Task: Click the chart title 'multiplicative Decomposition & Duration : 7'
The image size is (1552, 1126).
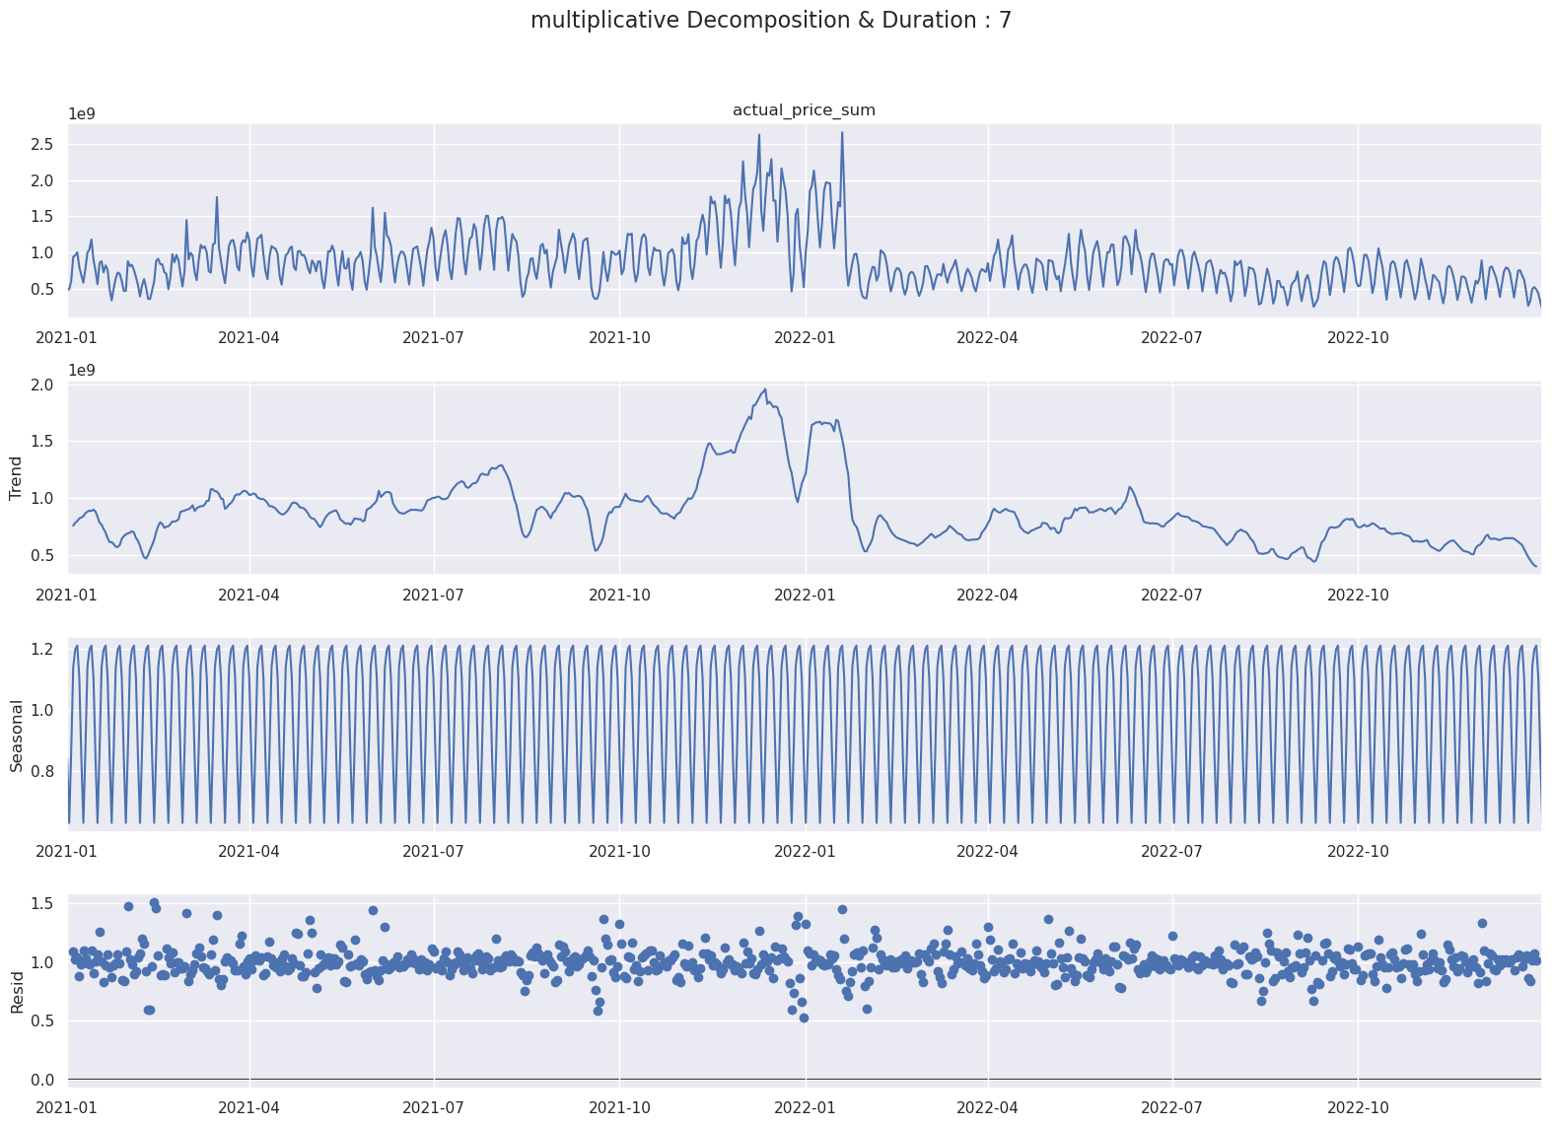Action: click(770, 21)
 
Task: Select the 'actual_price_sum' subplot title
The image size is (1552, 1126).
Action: click(804, 110)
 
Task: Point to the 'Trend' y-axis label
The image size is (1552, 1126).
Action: click(16, 478)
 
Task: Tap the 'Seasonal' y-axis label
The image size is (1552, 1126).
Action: click(16, 736)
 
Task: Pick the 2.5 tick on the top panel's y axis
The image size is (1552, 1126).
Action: click(42, 144)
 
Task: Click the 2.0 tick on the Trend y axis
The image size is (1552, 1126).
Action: click(42, 385)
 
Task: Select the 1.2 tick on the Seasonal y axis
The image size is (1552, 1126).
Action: click(42, 649)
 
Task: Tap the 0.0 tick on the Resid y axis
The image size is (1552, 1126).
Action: click(42, 1080)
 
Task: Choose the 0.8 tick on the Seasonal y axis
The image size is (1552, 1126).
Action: click(42, 770)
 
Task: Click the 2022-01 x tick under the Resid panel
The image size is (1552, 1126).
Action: click(805, 1107)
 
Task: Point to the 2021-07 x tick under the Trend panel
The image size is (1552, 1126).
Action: click(434, 595)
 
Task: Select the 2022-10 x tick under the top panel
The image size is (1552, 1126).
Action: click(1358, 337)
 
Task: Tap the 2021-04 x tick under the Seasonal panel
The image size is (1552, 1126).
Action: click(248, 851)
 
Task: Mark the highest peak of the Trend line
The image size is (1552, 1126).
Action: click(764, 389)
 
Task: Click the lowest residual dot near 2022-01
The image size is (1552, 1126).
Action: click(804, 1018)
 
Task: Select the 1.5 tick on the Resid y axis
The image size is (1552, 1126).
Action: click(42, 903)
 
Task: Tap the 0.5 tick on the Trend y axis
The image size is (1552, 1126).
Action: click(42, 555)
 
